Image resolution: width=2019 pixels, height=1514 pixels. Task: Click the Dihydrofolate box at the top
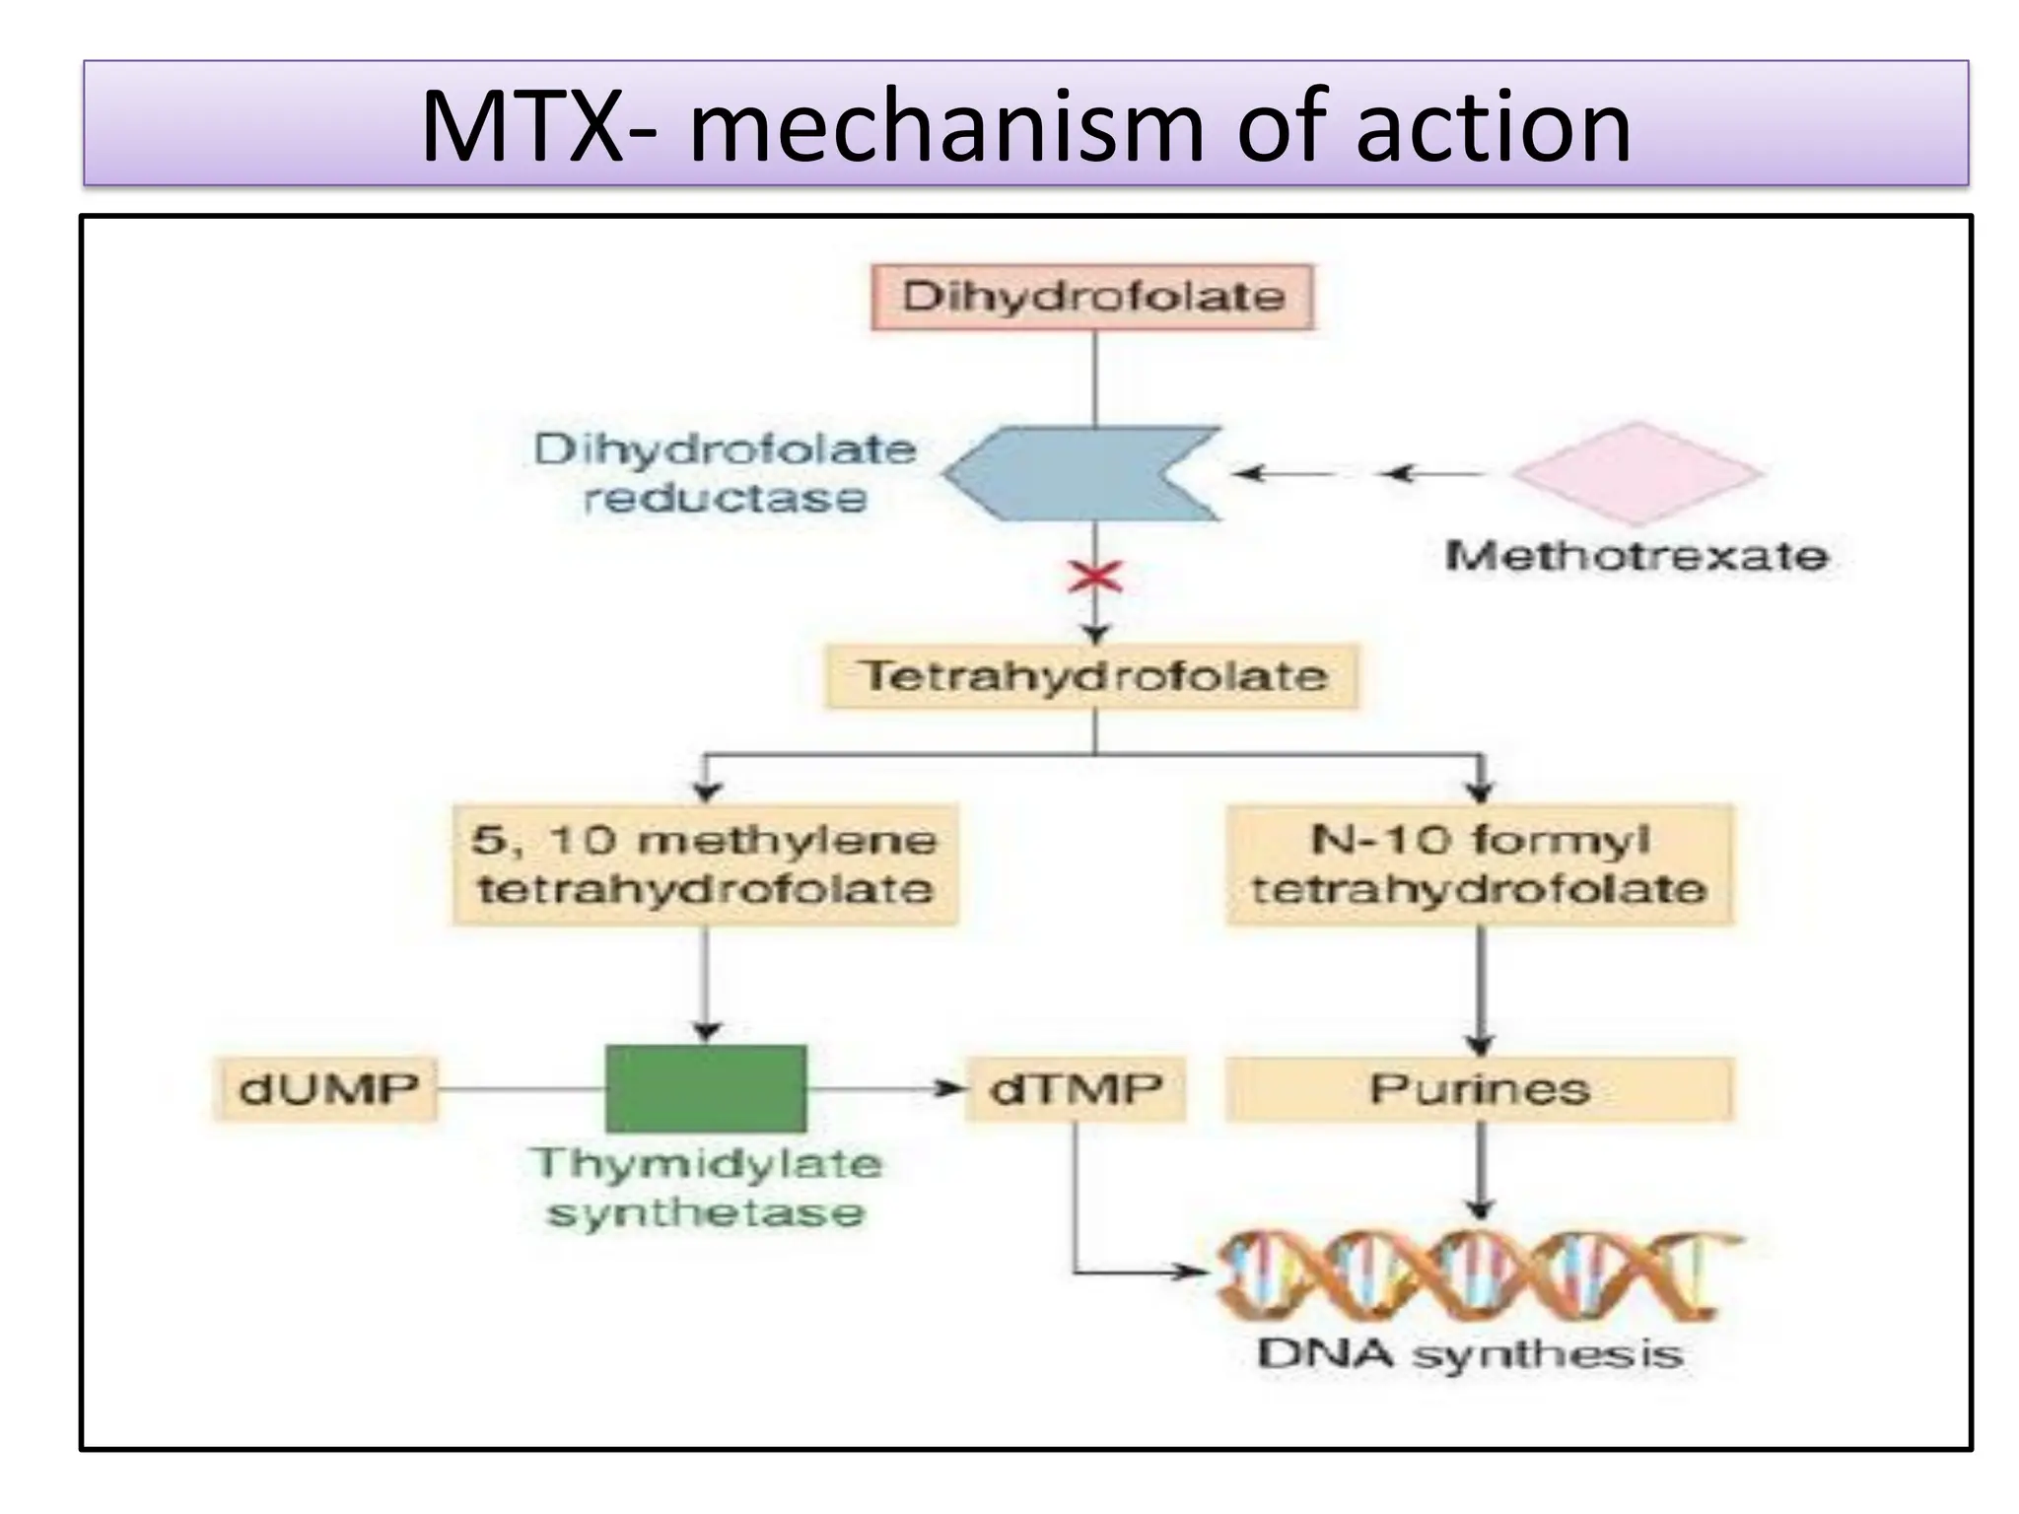pos(1092,297)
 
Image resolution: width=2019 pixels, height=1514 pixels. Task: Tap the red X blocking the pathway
pos(1095,577)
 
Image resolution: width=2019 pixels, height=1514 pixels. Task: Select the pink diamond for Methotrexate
pos(1636,474)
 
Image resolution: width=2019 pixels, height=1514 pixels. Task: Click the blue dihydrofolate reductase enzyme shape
pos(1079,474)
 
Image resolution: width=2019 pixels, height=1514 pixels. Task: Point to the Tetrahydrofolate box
pos(1092,676)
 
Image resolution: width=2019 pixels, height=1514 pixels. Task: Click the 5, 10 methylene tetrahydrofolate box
pos(705,864)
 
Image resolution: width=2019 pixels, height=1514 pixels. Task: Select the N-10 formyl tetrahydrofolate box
pos(1479,864)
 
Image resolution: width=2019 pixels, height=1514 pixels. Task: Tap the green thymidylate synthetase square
pos(706,1088)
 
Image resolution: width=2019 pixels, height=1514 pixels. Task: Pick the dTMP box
pos(1076,1089)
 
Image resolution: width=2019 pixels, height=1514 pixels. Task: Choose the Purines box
pos(1479,1089)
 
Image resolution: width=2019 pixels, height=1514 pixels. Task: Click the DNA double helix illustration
pos(1474,1276)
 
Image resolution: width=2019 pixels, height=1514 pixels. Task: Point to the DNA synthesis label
pos(1469,1354)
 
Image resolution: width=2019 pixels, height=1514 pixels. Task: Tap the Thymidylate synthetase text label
pos(706,1189)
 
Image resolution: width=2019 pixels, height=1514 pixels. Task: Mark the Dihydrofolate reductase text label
pos(725,474)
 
